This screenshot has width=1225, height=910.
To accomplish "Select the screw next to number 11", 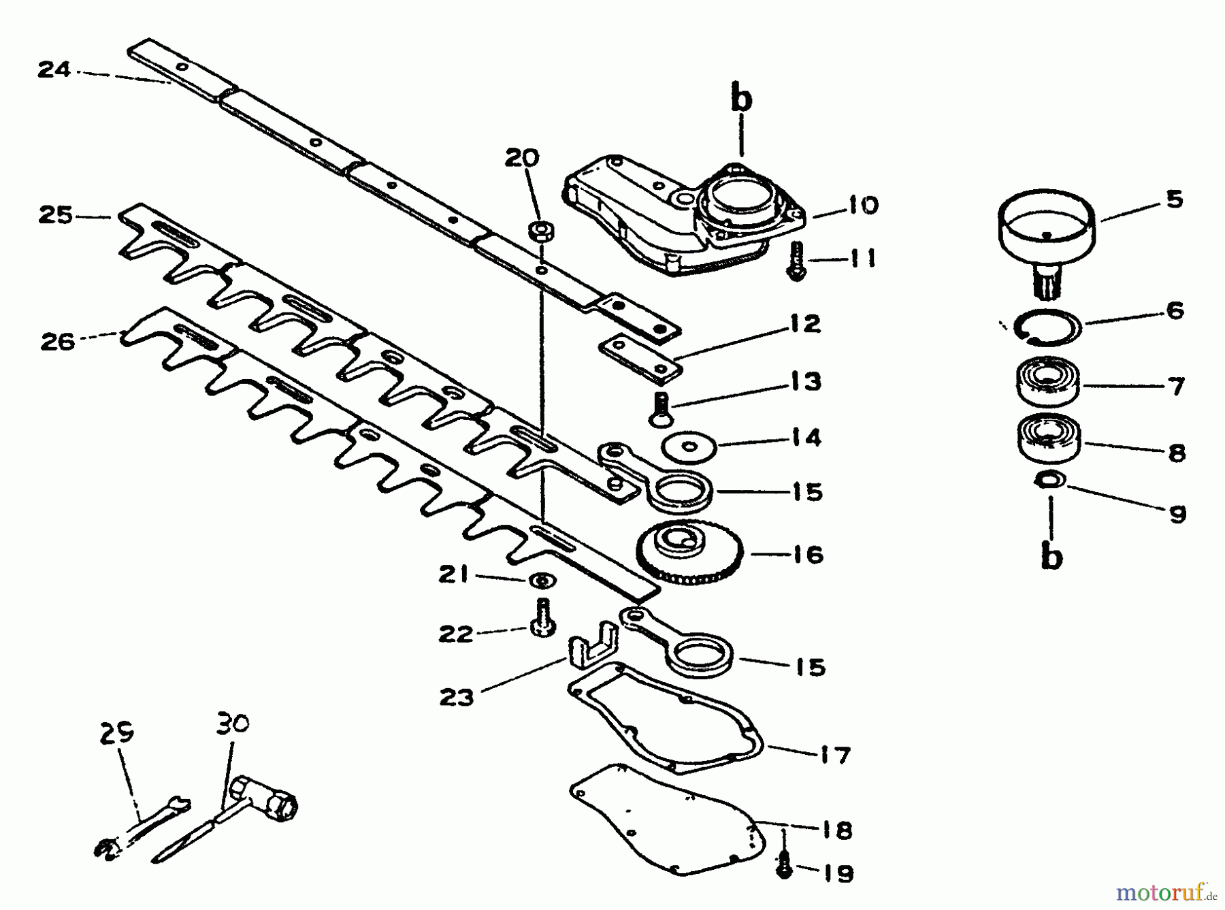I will pyautogui.click(x=796, y=261).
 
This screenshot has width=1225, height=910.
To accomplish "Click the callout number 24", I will pyautogui.click(x=54, y=69).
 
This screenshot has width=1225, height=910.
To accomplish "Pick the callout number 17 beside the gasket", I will pyautogui.click(x=835, y=755).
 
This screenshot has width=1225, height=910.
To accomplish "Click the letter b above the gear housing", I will pyautogui.click(x=741, y=99).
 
